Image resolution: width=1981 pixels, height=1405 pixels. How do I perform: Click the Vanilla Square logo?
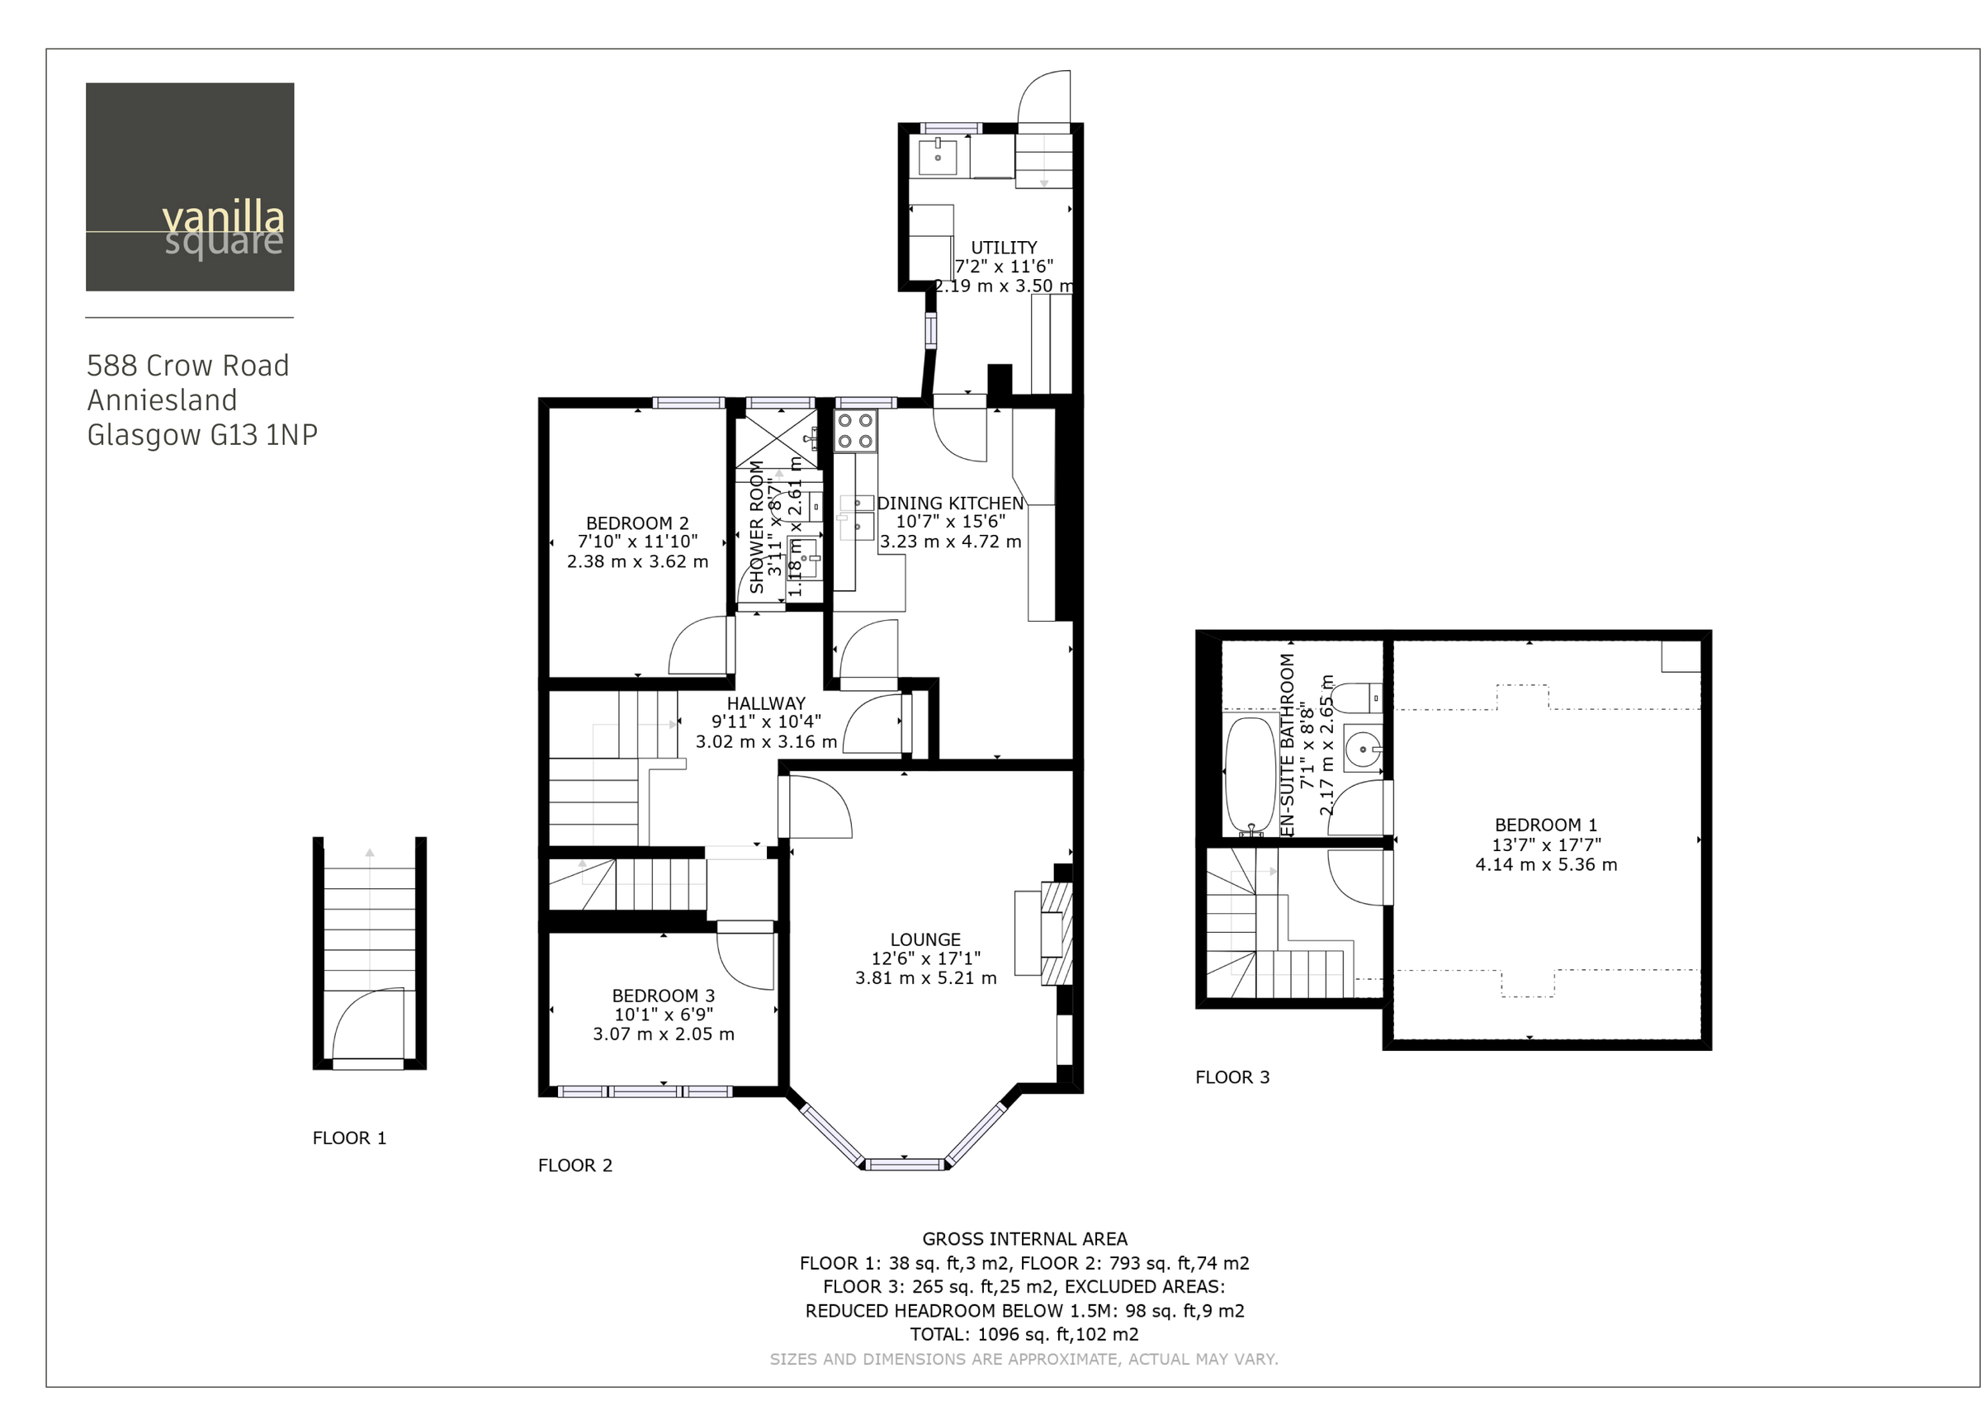tap(190, 187)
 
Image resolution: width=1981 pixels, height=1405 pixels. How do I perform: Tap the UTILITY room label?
tap(1004, 248)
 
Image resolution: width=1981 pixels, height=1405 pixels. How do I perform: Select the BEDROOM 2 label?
tap(637, 523)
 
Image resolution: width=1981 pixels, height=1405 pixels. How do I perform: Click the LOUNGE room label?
tap(925, 939)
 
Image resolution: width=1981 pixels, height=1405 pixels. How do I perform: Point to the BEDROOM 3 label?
tap(664, 996)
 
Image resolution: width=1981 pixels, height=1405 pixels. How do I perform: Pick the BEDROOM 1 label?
tap(1546, 825)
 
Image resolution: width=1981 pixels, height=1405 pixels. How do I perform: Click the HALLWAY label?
tap(767, 703)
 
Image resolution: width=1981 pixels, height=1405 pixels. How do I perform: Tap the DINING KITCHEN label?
tap(951, 504)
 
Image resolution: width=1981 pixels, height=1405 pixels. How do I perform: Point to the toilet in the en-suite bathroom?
tap(1357, 697)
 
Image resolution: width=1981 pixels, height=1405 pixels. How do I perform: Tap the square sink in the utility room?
tap(938, 158)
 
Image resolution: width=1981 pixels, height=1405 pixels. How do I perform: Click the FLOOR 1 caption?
tap(349, 1138)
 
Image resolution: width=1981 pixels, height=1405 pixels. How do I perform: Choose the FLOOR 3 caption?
tap(1232, 1078)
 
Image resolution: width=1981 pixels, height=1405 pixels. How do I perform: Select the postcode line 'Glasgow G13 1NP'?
tap(202, 435)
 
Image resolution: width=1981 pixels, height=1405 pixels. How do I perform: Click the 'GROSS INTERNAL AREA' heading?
tap(1025, 1239)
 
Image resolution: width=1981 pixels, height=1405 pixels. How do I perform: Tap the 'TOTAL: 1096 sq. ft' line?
tap(1025, 1334)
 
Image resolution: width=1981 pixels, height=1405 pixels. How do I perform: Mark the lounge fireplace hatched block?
tap(1057, 934)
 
